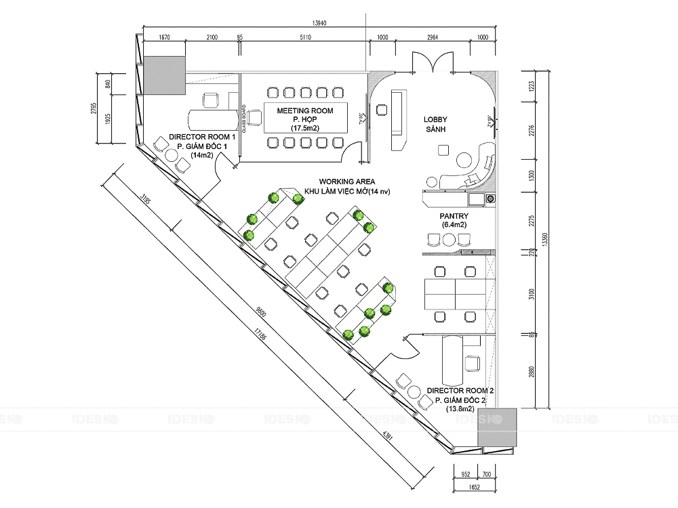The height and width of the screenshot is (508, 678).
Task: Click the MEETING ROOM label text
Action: click(305, 110)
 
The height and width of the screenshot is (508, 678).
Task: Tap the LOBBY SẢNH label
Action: click(435, 125)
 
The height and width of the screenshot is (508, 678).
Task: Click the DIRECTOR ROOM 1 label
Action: click(201, 137)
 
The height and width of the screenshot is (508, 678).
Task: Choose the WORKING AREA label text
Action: click(347, 182)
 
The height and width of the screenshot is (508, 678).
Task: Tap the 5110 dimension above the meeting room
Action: click(304, 38)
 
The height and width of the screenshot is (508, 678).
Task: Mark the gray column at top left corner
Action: click(163, 75)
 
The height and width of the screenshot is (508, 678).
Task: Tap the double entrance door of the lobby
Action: click(433, 61)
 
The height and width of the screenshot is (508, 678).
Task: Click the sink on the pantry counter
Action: click(476, 198)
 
